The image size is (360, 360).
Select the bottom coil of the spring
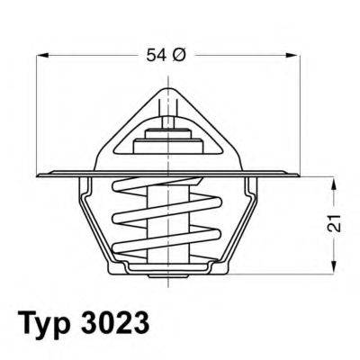pos(166,252)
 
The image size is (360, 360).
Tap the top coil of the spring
pos(166,191)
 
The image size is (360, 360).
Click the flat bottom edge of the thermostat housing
pos(166,271)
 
